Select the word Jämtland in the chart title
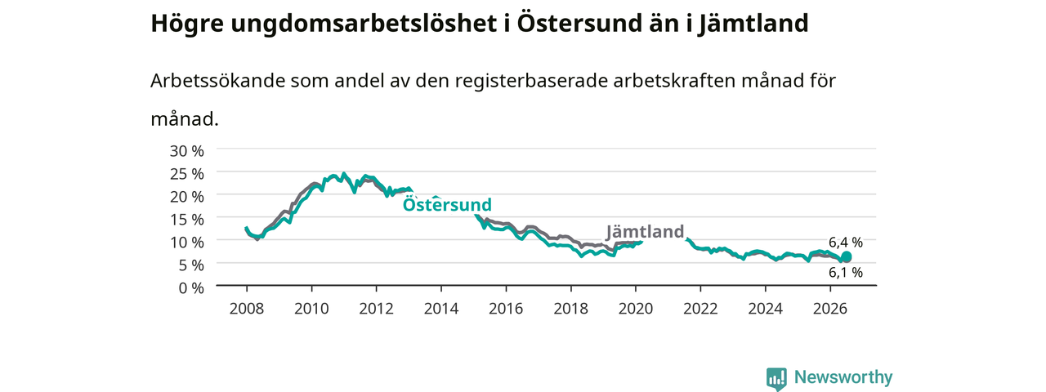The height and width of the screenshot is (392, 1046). point(753,24)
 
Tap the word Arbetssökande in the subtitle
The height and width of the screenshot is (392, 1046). point(217,81)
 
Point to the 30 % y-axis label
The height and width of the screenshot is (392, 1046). point(187,151)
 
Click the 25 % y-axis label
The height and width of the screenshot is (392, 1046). point(187,174)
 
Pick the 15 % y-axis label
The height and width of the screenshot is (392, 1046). point(187,220)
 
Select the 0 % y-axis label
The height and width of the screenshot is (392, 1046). point(191,287)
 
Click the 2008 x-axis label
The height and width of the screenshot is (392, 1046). point(247,309)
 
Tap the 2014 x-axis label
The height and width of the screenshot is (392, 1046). point(440,309)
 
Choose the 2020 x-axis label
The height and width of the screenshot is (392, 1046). point(636,309)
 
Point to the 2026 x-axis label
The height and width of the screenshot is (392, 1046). point(830,309)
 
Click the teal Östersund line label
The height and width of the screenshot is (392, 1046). point(447,204)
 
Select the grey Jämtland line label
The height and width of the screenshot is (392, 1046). point(645,231)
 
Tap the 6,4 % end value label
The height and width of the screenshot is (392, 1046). point(846,243)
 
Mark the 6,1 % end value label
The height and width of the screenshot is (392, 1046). point(846,272)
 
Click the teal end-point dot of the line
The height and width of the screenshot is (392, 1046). point(846,256)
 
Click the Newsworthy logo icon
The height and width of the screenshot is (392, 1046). point(776,378)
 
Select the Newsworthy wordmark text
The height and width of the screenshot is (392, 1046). point(843,377)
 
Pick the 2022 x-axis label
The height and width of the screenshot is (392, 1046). point(700,309)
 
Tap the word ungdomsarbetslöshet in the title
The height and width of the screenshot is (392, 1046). point(364,24)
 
